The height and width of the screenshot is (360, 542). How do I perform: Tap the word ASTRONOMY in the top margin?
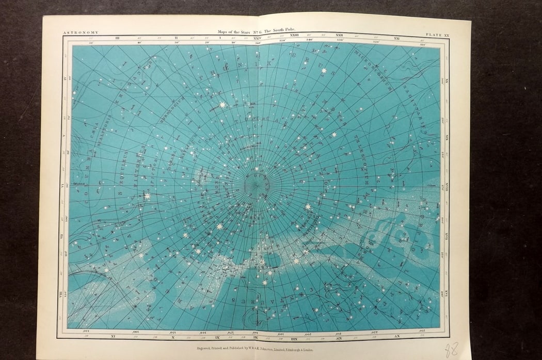point(79,33)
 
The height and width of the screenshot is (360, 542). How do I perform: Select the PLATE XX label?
point(438,35)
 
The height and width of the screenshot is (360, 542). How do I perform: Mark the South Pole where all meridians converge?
point(254,184)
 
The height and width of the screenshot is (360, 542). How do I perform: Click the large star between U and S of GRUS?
point(324,70)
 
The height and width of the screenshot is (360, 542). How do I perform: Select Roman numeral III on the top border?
point(118,38)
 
